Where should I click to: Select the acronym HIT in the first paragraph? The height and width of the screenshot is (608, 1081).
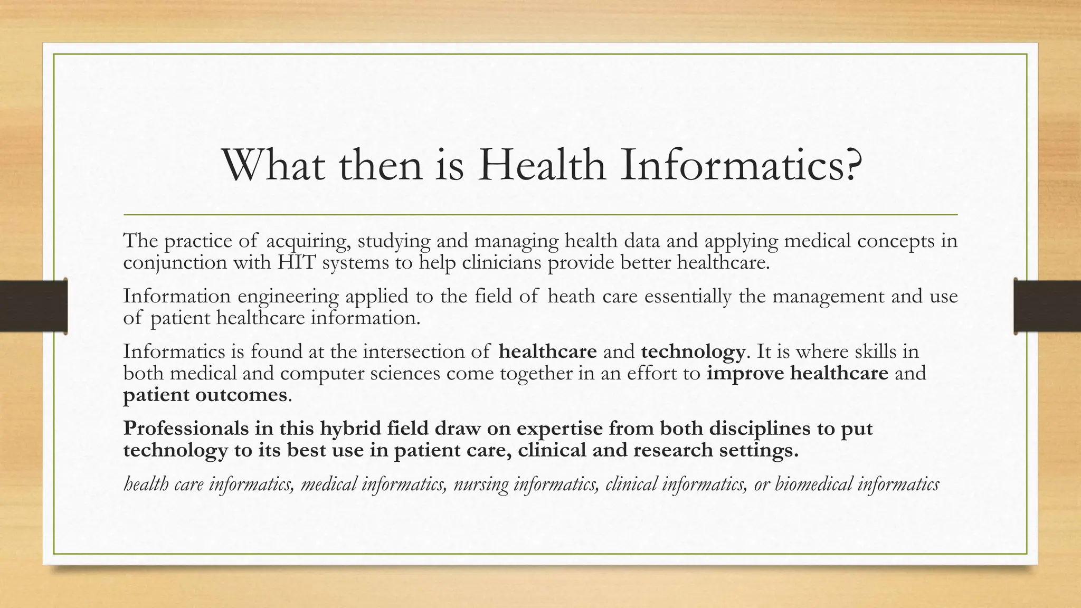(x=297, y=262)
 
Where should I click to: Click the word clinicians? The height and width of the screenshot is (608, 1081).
(x=501, y=262)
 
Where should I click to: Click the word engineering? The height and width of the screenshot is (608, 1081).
(x=288, y=297)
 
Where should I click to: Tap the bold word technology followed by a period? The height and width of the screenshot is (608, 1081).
(x=693, y=351)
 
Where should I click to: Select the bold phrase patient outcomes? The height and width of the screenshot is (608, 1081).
(x=205, y=395)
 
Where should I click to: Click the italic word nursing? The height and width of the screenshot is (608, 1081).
(x=480, y=484)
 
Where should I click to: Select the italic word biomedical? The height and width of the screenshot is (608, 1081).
(x=813, y=484)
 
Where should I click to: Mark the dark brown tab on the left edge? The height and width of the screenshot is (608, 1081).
(x=33, y=306)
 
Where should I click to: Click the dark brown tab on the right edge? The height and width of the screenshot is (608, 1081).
(x=1047, y=306)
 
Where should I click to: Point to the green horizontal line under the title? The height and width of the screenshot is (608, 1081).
(x=540, y=215)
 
